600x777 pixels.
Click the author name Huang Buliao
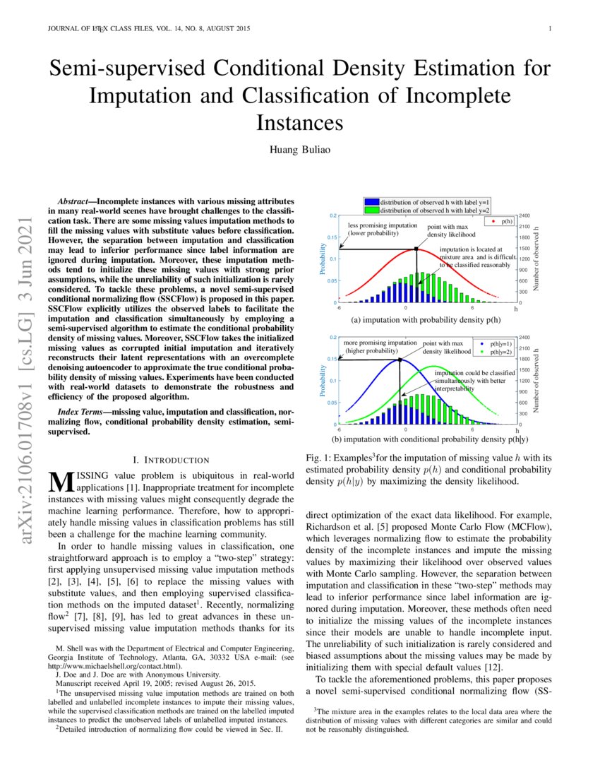300,150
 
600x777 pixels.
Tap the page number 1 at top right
549,29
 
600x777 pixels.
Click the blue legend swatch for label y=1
371,201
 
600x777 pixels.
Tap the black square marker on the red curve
416,249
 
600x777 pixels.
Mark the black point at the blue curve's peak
400,360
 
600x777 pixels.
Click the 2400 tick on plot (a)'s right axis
526,215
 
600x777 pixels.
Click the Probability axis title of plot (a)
320,259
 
